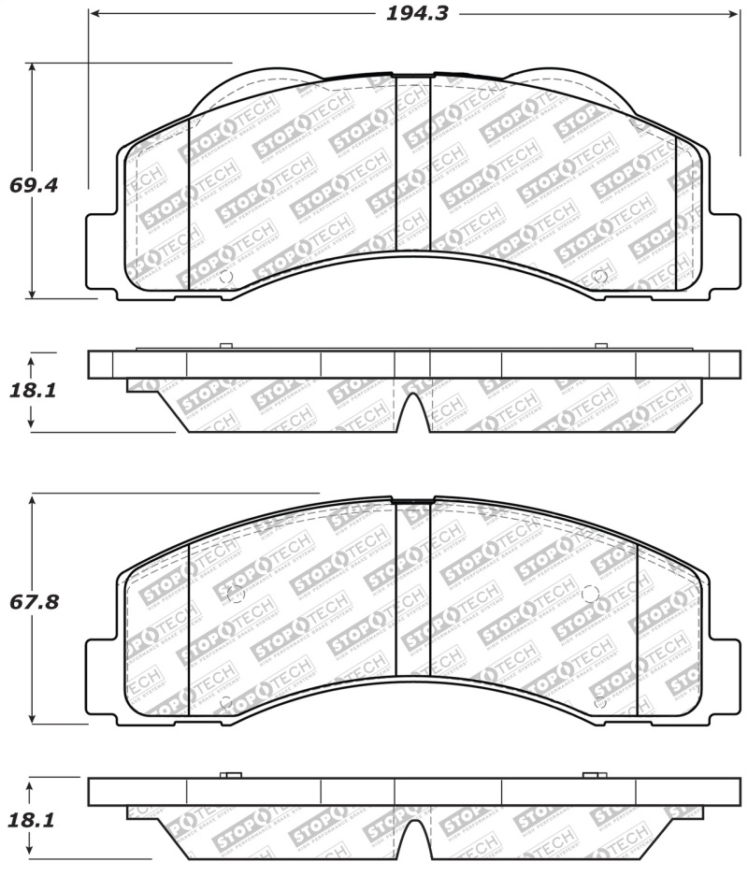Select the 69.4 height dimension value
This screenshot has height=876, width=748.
(34, 184)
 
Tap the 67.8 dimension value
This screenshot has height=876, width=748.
(34, 602)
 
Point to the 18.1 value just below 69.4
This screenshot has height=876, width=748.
(34, 390)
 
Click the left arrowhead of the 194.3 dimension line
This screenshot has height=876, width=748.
(94, 15)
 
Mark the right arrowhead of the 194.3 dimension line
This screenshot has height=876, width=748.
(733, 15)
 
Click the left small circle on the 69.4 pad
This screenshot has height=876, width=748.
(224, 277)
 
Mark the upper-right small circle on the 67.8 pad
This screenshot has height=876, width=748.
(589, 593)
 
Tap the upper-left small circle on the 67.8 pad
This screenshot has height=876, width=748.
(235, 594)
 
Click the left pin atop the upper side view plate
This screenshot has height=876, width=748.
(224, 347)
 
